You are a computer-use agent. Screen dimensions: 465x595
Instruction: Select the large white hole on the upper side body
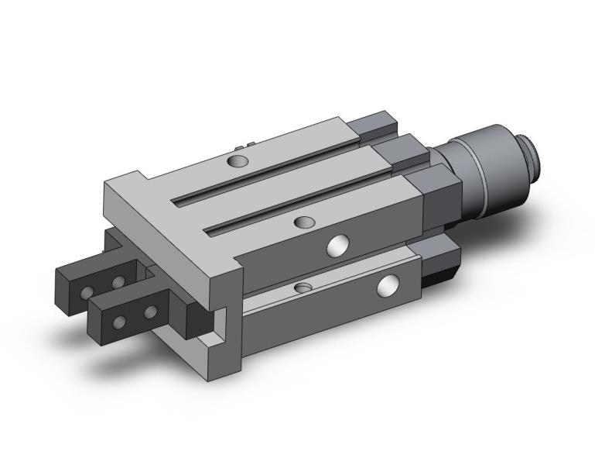337,246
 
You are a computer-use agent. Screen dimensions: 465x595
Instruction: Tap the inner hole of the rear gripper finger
117,281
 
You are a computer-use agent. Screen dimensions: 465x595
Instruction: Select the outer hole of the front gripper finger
119,320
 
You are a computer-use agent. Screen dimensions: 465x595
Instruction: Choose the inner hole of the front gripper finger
150,312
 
